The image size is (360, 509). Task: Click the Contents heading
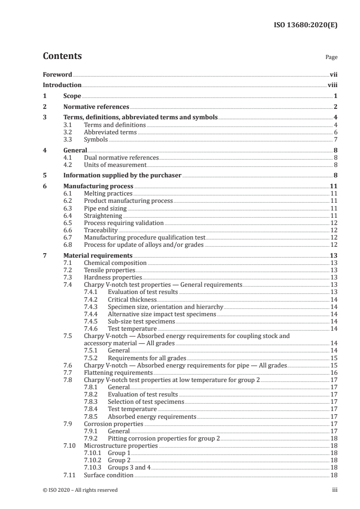[x=62, y=56]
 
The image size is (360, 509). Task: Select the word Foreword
[x=57, y=74]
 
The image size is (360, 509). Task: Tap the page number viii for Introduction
[x=332, y=85]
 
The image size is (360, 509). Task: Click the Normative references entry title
[x=96, y=107]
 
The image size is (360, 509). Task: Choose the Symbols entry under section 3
[x=96, y=140]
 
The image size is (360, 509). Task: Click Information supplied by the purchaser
[x=122, y=175]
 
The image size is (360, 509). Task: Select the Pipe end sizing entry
[x=105, y=208]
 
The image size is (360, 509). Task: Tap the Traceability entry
[x=101, y=230]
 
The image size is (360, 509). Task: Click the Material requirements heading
[x=98, y=255]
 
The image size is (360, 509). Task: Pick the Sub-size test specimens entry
[x=141, y=321]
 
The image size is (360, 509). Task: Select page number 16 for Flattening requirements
[x=333, y=372]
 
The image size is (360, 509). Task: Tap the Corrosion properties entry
[x=113, y=424]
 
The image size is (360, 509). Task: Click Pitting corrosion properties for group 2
[x=163, y=438]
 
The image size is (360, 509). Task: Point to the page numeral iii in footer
[x=335, y=490]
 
